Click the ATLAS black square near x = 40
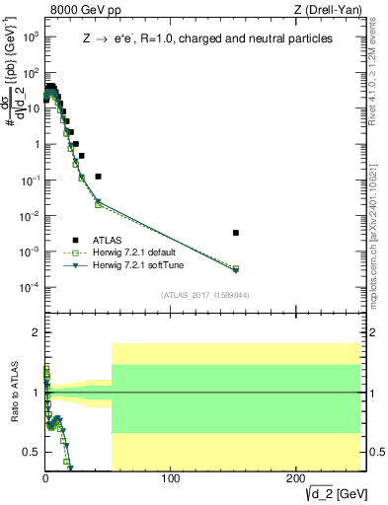point(98,177)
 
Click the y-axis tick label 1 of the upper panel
point(35,144)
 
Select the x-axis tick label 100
point(171,480)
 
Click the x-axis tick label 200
point(295,480)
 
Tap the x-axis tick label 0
point(45,480)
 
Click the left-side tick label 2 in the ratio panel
point(35,332)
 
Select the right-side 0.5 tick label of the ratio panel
point(373,452)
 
